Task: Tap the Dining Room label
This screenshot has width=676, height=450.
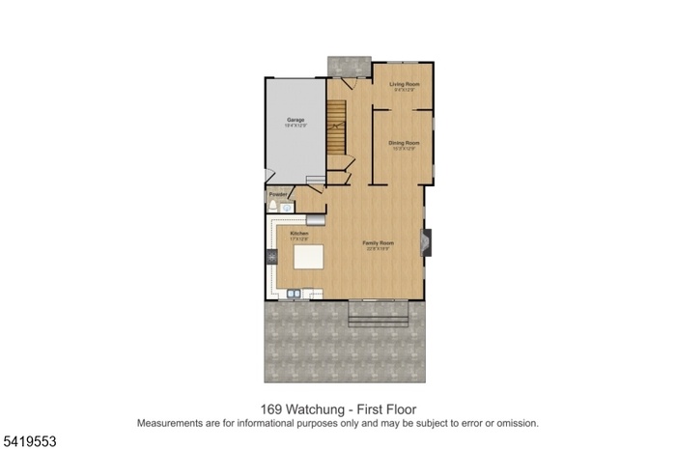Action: [403, 144]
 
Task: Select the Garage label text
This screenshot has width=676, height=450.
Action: [296, 120]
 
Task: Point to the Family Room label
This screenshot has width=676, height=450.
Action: [379, 242]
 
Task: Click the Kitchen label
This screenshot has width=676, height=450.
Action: [299, 234]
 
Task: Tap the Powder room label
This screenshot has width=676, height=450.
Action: [278, 194]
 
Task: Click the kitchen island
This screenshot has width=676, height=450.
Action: [308, 259]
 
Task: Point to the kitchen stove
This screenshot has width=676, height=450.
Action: [271, 258]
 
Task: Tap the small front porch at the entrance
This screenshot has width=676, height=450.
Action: [348, 64]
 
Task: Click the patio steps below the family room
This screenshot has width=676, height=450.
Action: [379, 311]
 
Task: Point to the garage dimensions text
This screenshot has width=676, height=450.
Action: [296, 127]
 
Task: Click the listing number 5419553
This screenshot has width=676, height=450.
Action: [29, 440]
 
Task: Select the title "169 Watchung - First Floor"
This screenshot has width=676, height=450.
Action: [338, 408]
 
